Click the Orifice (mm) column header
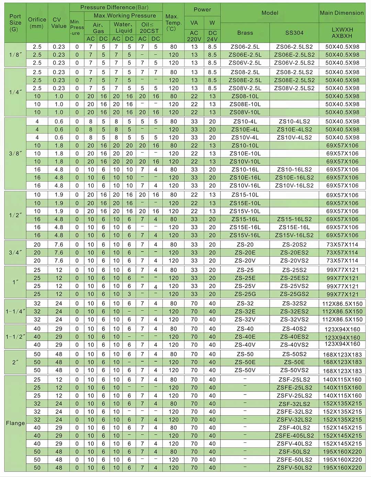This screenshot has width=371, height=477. click(x=37, y=23)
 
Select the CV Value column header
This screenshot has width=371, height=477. click(x=59, y=23)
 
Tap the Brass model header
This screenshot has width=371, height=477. click(x=245, y=33)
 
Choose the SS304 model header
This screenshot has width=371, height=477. click(x=294, y=33)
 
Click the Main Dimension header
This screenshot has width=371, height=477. click(x=342, y=13)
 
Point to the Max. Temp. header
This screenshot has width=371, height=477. click(x=173, y=23)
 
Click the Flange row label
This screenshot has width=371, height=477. click(x=15, y=423)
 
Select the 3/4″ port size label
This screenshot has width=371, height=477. click(x=15, y=253)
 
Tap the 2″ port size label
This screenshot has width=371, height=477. click(x=15, y=362)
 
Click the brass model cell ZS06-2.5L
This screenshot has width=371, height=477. click(x=245, y=47)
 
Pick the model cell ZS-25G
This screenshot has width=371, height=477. click(x=245, y=294)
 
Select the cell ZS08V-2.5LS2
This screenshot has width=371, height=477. click(x=294, y=88)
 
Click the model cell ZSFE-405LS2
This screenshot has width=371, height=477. click(x=294, y=436)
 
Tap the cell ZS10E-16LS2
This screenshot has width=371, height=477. click(x=294, y=178)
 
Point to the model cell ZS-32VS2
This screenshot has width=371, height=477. click(x=294, y=320)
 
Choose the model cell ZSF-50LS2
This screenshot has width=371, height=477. click(x=294, y=452)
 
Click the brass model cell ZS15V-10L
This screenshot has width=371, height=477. click(x=245, y=211)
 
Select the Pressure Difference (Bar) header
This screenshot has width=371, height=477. click(x=116, y=7)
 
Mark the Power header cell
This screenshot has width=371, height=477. click(x=202, y=10)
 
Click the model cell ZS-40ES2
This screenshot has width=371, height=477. click(x=294, y=337)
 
